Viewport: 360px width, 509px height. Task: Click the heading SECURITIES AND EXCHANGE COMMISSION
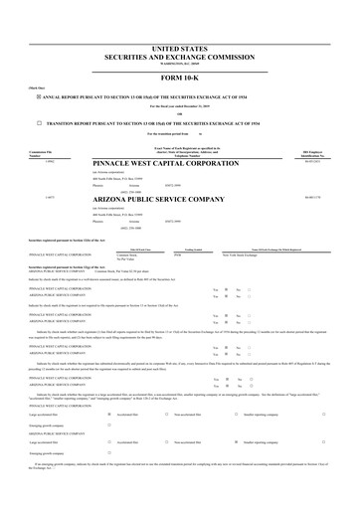180,55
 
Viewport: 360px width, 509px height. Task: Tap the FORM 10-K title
180,76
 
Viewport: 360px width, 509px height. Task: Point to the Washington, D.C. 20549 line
180,62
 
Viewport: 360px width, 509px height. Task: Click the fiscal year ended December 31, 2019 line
180,105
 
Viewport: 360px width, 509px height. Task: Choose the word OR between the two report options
180,113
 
